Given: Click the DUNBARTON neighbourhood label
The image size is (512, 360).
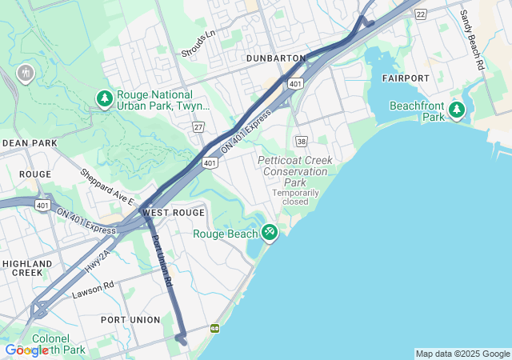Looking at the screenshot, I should (275, 58).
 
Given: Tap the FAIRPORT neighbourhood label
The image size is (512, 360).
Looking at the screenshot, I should (406, 78).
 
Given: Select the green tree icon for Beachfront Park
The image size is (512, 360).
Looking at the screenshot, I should (457, 110).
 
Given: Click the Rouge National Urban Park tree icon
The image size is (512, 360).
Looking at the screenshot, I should (104, 98).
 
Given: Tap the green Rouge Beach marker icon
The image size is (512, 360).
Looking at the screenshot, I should (270, 233).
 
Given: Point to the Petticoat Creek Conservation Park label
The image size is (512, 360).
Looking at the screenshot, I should (294, 171).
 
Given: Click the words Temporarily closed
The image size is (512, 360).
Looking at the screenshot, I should (295, 197).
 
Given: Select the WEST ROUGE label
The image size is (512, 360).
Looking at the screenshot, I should (173, 213).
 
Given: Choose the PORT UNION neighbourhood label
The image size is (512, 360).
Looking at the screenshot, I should (130, 319).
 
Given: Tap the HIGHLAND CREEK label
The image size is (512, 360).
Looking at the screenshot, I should (27, 268).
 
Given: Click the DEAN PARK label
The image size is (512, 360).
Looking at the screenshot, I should (30, 142).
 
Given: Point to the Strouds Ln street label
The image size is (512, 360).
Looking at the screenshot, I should (198, 45).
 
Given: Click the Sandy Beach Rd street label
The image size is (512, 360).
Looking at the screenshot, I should (472, 38).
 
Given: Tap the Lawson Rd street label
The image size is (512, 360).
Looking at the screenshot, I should (93, 289).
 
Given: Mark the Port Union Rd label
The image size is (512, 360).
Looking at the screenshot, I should (162, 261).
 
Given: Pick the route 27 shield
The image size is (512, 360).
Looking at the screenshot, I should (198, 127).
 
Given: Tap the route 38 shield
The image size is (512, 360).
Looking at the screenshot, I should (301, 141).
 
